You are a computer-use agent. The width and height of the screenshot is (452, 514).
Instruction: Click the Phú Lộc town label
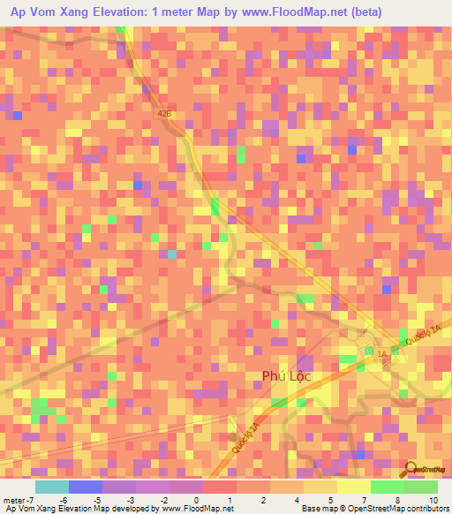click(x=288, y=376)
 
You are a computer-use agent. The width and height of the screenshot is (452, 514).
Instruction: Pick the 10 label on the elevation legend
click(x=433, y=500)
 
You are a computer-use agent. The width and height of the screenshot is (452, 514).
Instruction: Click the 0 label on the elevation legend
click(x=195, y=500)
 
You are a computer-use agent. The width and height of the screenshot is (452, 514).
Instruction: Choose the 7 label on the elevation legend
click(x=362, y=500)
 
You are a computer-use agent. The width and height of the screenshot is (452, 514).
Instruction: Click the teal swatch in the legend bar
click(x=52, y=487)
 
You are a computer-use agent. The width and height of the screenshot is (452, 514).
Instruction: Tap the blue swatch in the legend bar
click(x=86, y=487)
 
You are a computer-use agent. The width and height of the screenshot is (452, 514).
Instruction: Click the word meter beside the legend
click(x=13, y=500)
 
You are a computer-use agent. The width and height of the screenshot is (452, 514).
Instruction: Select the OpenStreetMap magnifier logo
click(x=410, y=469)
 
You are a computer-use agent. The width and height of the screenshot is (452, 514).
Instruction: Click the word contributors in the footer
click(x=423, y=509)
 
